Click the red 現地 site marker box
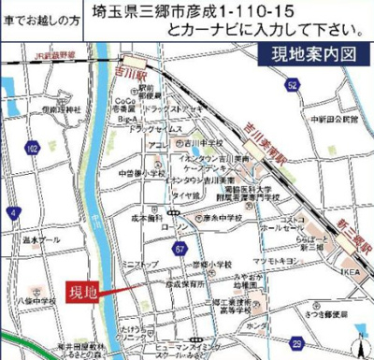[85, 293]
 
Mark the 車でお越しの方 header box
[42, 16]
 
